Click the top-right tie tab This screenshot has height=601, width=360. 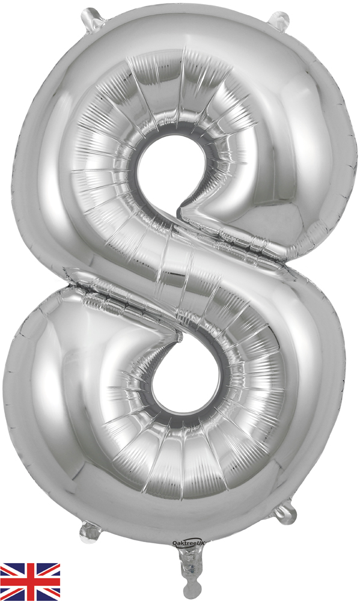[x=279, y=20]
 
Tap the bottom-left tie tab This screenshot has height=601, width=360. [x=91, y=532]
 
